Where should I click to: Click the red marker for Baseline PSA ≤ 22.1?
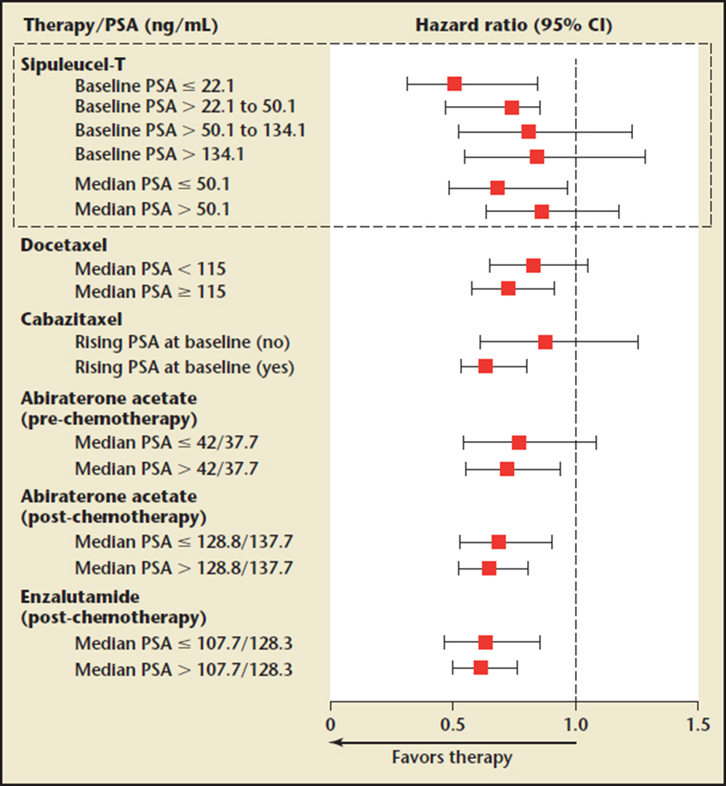(454, 84)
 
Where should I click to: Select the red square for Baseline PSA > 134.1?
(537, 157)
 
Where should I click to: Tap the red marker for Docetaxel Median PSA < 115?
(533, 266)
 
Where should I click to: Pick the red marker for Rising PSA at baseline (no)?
(545, 342)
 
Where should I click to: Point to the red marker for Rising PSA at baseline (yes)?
(486, 366)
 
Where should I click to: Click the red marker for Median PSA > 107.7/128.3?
(481, 668)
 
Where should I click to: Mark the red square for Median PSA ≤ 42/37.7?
(518, 443)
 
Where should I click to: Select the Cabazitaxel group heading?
(62, 319)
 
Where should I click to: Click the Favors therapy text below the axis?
(452, 757)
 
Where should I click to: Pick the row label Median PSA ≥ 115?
(150, 292)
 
